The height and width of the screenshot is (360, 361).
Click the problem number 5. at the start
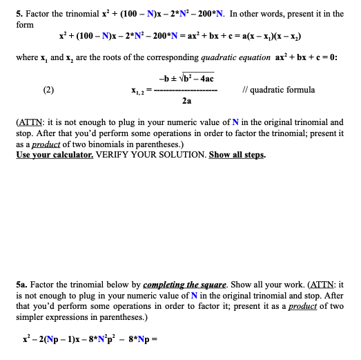20,14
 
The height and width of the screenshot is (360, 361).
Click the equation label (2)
48,89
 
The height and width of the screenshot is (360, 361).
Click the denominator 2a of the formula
186,100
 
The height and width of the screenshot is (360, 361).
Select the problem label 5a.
22,284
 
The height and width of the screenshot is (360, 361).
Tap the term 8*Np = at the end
139,341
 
